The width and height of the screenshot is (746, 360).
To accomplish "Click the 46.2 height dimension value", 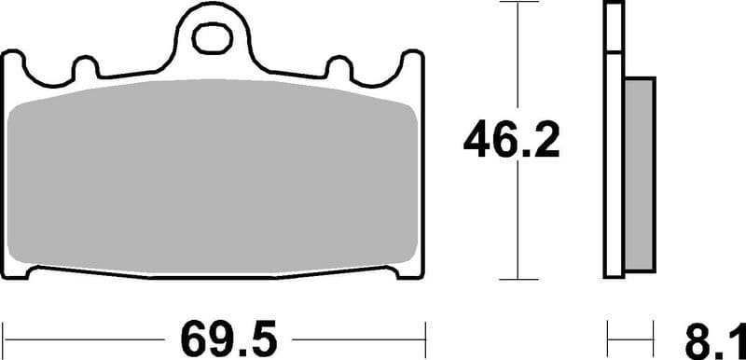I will pos(511,143).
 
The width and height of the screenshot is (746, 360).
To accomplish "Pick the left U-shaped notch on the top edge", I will pos(85,68).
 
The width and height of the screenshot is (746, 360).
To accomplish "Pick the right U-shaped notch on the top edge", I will pos(339,68).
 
